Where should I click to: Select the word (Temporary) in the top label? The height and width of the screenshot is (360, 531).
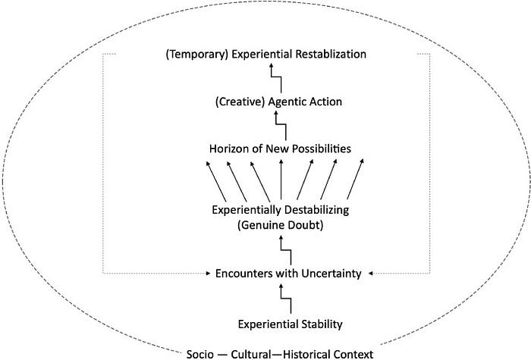pos(196,55)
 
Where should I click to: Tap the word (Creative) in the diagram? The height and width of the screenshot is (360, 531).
pos(240,102)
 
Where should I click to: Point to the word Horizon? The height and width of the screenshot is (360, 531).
pos(229,149)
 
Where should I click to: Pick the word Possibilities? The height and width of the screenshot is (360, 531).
pos(322,149)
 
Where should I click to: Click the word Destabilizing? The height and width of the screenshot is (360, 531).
pos(316,210)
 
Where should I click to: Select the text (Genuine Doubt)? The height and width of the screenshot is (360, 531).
pos(280,225)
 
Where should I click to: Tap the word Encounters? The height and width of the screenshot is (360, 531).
pos(244,274)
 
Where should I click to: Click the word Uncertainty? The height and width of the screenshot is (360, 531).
pos(331,274)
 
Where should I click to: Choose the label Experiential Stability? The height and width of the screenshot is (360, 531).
pos(291,324)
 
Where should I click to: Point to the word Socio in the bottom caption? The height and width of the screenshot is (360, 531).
pos(200,354)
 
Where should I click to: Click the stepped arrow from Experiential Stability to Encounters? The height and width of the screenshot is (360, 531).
pos(286,299)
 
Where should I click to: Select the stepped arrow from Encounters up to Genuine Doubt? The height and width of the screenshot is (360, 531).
pos(286,250)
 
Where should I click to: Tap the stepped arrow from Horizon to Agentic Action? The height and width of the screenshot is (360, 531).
pos(281,124)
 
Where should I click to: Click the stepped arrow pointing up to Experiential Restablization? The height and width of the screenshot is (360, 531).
pos(276,77)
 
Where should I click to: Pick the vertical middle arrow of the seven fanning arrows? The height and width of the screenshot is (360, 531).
pos(281,180)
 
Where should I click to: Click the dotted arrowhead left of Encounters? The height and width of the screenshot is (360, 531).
pos(209,274)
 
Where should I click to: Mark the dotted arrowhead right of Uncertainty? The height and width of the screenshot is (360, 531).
pos(371,274)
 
